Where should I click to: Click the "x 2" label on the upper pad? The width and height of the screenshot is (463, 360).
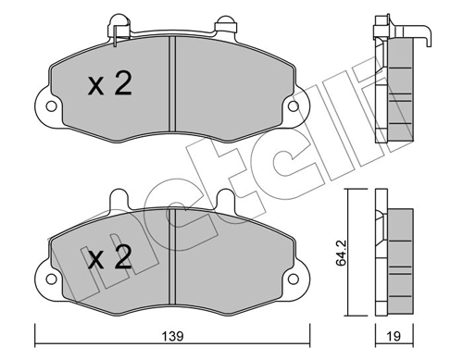coord(109,85)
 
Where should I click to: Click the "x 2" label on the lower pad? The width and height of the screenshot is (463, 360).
coord(109,257)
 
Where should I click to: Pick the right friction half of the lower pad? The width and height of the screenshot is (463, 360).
coord(231,261)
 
